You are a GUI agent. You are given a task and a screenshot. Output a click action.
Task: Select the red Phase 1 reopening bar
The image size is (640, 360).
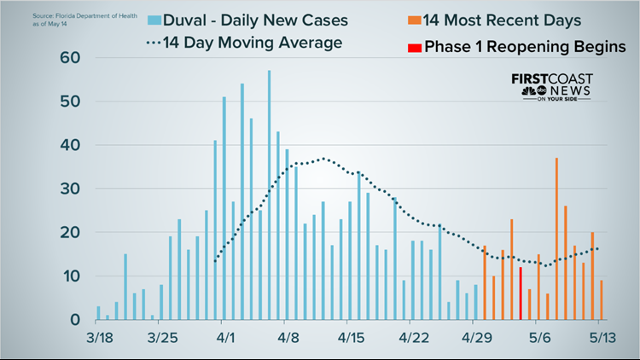point(521,293)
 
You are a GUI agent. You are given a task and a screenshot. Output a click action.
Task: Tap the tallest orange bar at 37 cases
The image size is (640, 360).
point(556,239)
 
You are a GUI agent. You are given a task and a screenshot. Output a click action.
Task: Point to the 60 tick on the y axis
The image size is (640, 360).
point(69,58)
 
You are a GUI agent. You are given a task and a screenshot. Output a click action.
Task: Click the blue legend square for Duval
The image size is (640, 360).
point(154,19)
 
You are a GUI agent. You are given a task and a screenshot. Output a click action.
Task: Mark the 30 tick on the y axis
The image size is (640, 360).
point(69,189)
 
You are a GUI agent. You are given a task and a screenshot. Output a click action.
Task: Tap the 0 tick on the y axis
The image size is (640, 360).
point(75,320)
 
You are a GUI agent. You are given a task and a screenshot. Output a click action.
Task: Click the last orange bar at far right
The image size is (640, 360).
point(602,300)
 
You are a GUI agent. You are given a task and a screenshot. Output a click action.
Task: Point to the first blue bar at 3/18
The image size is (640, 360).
point(98,313)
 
